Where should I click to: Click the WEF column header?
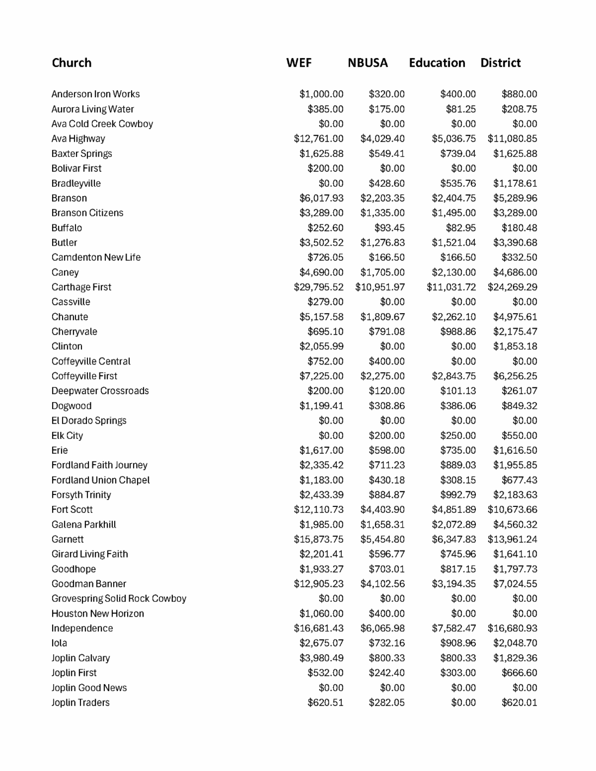click(x=299, y=63)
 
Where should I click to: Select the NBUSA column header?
click(x=368, y=63)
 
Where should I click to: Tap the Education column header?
click(x=437, y=63)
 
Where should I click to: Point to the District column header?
click(x=500, y=63)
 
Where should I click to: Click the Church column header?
click(x=72, y=63)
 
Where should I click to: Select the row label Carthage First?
click(x=81, y=287)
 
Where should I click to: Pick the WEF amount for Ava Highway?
click(x=318, y=139)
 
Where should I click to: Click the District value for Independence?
click(x=512, y=628)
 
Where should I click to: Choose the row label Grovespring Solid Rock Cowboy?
click(x=119, y=598)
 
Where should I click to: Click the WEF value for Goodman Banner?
click(x=318, y=584)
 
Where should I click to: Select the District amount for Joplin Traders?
click(x=519, y=702)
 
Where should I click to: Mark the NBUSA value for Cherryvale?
click(x=386, y=332)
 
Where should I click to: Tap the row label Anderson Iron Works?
click(x=95, y=94)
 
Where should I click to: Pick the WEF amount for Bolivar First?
click(x=325, y=168)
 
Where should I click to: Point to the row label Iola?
click(x=59, y=643)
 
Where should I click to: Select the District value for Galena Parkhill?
click(x=515, y=524)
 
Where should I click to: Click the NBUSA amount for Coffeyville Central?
click(x=386, y=361)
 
